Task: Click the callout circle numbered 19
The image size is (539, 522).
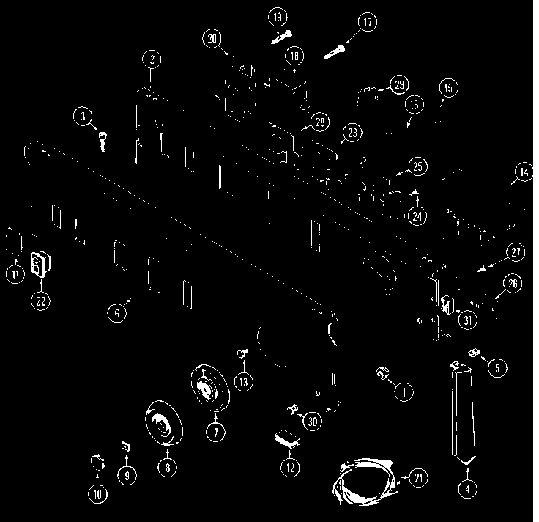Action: [x=279, y=17]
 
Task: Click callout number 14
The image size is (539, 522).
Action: [x=522, y=173]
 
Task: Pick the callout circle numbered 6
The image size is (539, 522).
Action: [x=116, y=313]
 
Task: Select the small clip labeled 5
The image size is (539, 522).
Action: [x=472, y=353]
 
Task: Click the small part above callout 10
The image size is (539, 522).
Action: [x=96, y=463]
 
